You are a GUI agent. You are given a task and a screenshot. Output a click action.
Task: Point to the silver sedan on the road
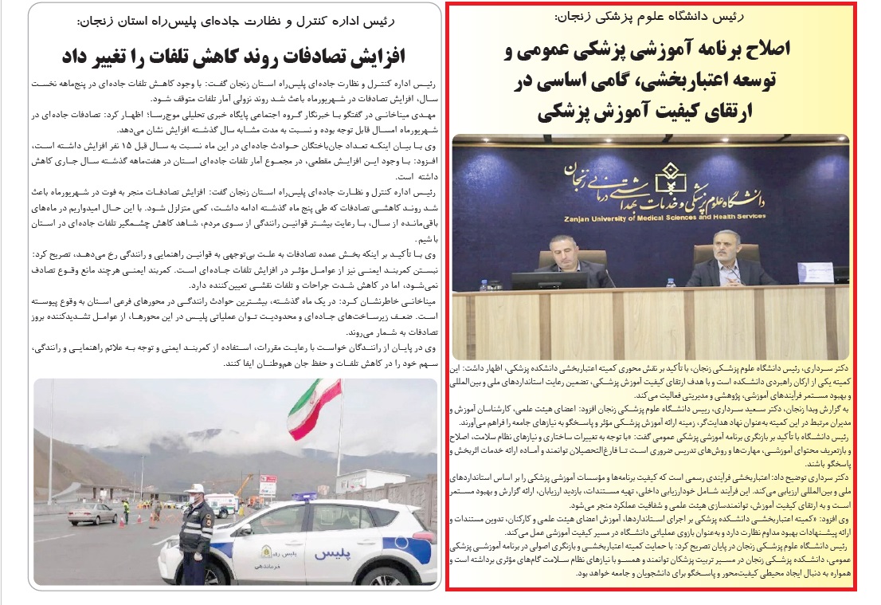pos(92,513)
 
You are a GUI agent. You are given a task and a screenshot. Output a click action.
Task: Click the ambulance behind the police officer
pos(224,504)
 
